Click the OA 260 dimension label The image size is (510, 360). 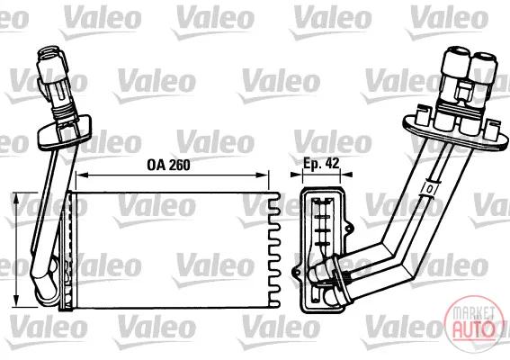(168, 165)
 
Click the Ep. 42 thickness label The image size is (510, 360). (321, 163)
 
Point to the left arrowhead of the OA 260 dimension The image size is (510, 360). (81, 175)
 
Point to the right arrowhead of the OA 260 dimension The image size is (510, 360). (263, 175)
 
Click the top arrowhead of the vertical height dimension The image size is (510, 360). (15, 198)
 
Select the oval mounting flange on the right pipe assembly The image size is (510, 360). (455, 131)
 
